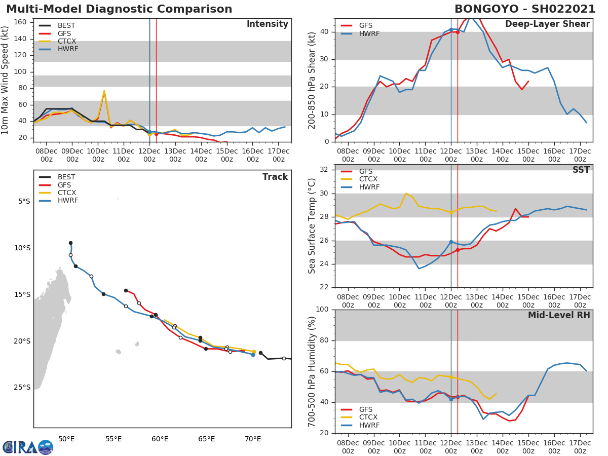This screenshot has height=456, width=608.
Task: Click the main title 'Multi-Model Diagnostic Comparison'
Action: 119,9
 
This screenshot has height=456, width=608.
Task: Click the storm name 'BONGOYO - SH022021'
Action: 522,9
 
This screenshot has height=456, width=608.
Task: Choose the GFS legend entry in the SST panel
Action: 365,171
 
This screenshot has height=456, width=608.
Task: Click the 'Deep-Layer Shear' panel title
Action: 547,24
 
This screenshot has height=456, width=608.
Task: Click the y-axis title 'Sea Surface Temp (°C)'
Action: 312,225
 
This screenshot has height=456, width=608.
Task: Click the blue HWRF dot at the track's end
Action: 253,355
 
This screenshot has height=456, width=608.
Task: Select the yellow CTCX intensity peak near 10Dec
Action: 104,92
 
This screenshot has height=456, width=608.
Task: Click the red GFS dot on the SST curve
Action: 458,250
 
